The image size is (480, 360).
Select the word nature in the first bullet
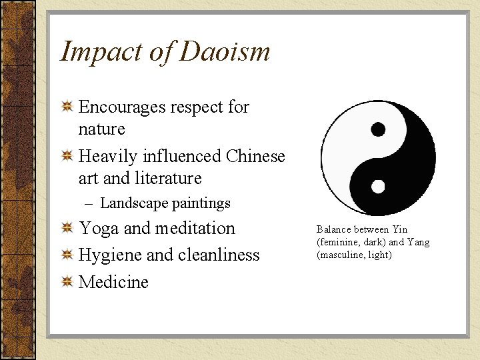(102, 128)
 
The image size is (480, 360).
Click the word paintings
(199, 203)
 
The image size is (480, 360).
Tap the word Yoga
(99, 229)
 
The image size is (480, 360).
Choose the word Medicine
(113, 281)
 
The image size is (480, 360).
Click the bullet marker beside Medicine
(67, 282)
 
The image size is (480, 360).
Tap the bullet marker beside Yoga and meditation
(67, 229)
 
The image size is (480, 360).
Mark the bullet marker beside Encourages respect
(67, 107)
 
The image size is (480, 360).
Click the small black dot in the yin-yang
(378, 129)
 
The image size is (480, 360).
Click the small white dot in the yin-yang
(378, 186)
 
